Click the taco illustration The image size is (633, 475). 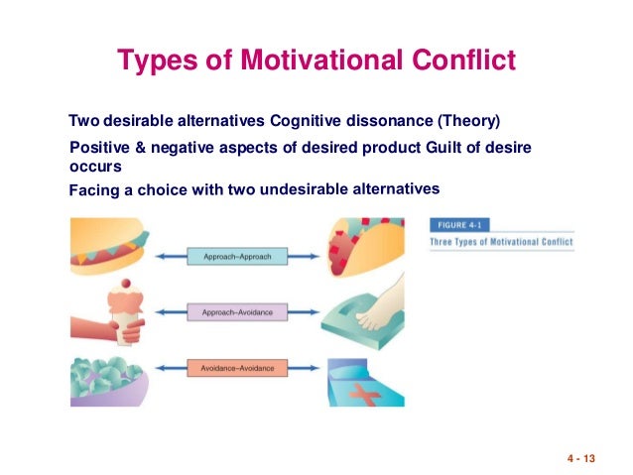(367, 250)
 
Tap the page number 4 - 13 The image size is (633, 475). (584, 458)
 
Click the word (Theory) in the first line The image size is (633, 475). (469, 122)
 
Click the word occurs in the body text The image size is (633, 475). (95, 167)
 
